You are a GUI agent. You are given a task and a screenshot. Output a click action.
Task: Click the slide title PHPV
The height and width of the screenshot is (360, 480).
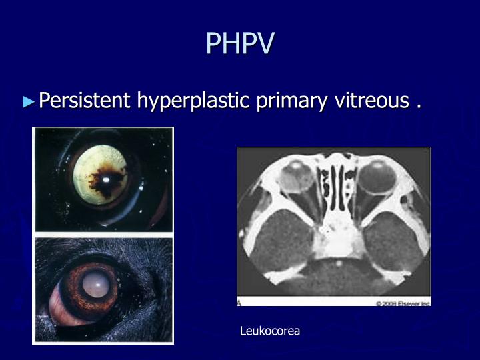click(240, 43)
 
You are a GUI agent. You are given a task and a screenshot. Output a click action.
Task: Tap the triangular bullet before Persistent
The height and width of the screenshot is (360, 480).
click(27, 102)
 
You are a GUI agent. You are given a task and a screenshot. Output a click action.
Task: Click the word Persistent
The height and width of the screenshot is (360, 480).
click(85, 101)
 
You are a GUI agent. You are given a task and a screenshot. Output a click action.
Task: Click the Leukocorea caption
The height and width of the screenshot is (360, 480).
click(270, 331)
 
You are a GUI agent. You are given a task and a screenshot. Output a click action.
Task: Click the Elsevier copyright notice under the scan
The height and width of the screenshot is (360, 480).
click(403, 303)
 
